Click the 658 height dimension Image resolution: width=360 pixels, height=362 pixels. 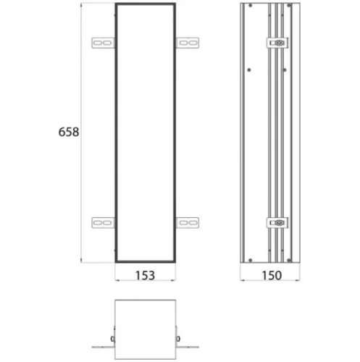[x=69, y=132]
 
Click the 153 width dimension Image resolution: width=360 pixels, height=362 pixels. [x=145, y=275]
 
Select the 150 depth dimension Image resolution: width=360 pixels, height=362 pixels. [x=272, y=275]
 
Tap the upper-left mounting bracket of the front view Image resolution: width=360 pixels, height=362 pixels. [x=103, y=43]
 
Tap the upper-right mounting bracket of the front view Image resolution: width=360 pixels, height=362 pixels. [x=188, y=43]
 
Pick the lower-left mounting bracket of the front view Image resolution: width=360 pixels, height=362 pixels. [x=103, y=222]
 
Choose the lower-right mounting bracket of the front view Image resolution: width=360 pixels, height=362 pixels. [x=188, y=222]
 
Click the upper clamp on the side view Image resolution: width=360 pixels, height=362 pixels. [x=277, y=43]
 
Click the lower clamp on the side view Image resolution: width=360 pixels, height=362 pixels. [x=277, y=222]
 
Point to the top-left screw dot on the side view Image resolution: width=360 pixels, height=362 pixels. [x=251, y=5]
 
